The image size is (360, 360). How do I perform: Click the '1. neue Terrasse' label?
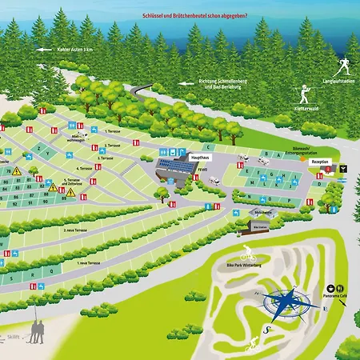click(89, 262)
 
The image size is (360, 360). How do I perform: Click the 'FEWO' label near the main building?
click(203, 170)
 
